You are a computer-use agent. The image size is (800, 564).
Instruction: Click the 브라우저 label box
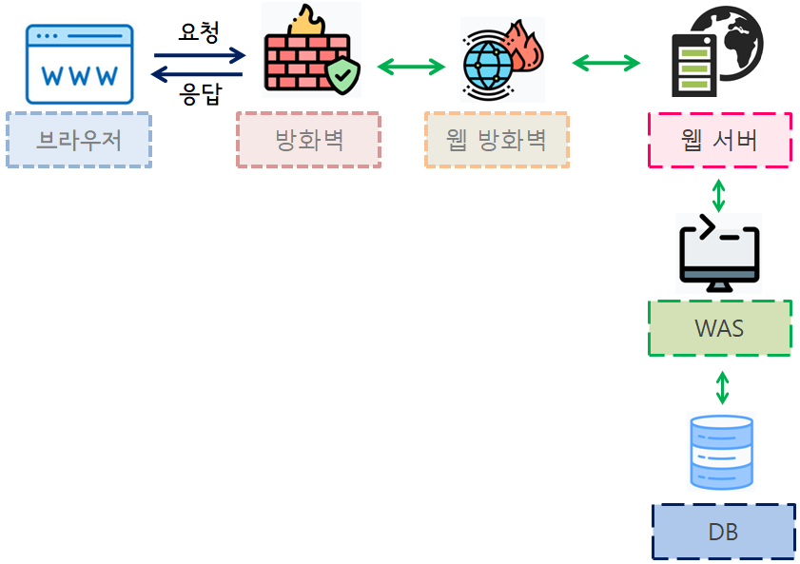(79, 141)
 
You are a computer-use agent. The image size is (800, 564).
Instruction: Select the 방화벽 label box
(308, 141)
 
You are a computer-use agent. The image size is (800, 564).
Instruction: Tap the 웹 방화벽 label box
(497, 141)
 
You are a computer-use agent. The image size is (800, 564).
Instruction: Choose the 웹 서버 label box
(720, 141)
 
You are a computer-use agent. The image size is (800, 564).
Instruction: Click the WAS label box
(719, 329)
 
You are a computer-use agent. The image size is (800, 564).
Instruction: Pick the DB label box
(723, 532)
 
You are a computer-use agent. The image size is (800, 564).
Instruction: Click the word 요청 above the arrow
(199, 32)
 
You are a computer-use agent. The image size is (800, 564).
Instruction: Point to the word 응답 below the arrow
(200, 94)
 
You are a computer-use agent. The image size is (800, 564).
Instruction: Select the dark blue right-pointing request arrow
(200, 56)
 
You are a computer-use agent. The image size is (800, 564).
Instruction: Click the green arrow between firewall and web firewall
(411, 67)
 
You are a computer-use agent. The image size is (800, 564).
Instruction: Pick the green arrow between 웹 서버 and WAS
(719, 194)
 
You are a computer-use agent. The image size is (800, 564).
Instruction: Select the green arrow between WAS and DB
(722, 387)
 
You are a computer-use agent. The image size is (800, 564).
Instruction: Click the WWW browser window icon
(80, 65)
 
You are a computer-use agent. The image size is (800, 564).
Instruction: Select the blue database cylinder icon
(720, 452)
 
